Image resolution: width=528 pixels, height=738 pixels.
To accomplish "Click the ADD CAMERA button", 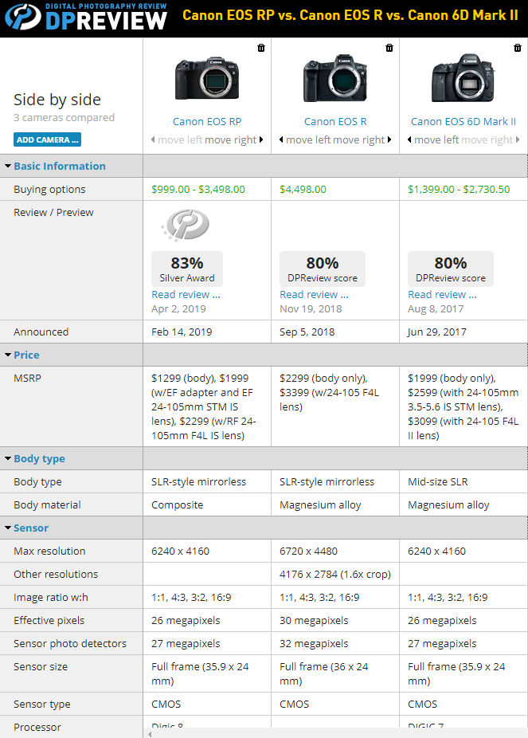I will click(47, 140).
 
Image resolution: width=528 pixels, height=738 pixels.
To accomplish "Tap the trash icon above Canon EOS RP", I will click(261, 49).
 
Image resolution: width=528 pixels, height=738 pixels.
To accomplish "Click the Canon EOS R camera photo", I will click(334, 80).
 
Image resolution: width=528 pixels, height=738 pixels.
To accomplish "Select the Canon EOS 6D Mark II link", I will click(463, 122).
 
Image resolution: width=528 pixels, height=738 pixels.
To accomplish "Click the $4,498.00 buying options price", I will click(303, 190).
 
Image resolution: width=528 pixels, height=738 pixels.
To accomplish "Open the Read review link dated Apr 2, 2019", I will click(186, 295).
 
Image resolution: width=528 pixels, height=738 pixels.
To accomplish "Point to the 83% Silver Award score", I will click(187, 269).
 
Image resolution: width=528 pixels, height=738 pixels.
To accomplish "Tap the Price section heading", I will click(26, 355).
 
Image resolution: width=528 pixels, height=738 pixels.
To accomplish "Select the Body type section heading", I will click(39, 459).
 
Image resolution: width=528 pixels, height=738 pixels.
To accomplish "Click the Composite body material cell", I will click(177, 505).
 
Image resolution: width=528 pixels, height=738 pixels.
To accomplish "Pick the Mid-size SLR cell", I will click(438, 482).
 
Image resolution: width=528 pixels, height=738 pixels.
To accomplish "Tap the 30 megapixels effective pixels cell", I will click(314, 621).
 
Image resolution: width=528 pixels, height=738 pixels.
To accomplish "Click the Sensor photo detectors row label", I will click(70, 644).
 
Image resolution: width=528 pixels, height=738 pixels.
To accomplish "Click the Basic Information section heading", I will click(59, 167).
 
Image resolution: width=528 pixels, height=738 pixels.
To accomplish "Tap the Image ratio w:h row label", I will click(51, 598).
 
